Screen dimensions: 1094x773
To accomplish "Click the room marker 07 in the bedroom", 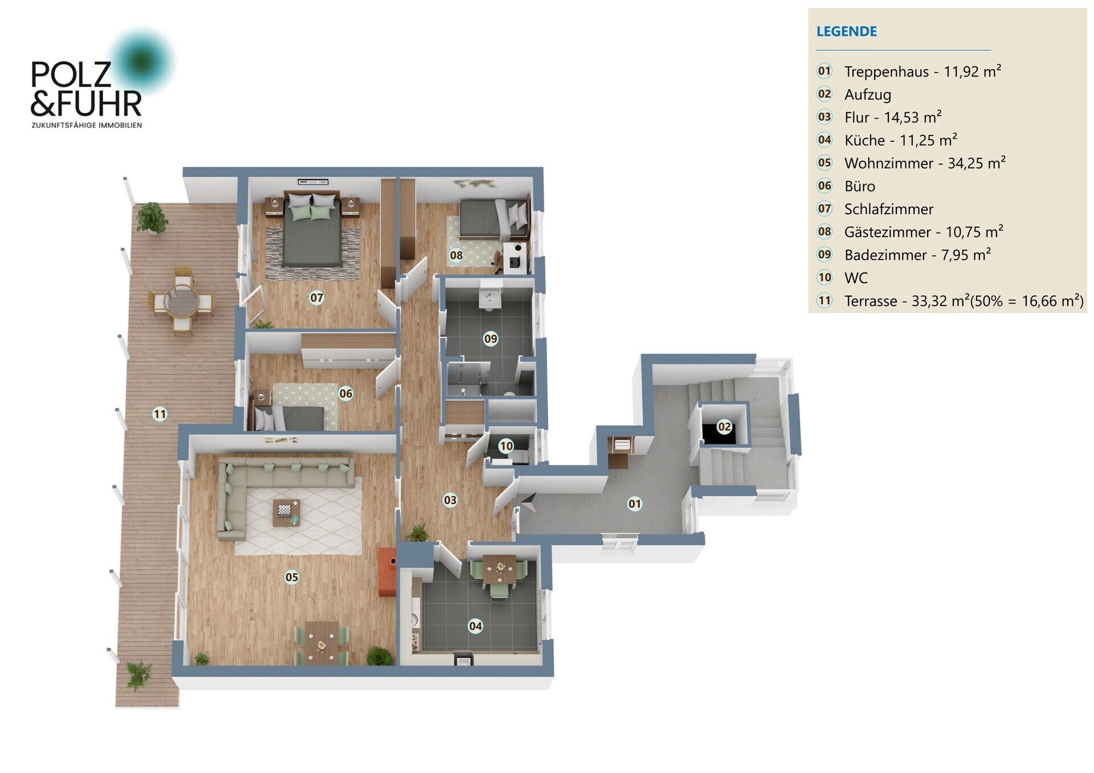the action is pyautogui.click(x=317, y=297).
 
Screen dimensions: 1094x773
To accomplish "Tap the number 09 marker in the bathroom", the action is pyautogui.click(x=491, y=339).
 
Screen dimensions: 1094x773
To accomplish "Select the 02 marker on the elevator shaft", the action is pyautogui.click(x=724, y=427).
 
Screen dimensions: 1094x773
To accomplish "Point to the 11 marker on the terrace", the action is pyautogui.click(x=160, y=414).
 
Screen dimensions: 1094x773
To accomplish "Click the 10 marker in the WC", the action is pyautogui.click(x=506, y=446).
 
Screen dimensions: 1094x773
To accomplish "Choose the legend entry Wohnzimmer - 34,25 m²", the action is pyautogui.click(x=924, y=163).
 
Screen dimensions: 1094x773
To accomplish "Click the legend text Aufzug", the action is pyautogui.click(x=867, y=95).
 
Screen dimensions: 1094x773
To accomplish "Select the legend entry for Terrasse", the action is pyautogui.click(x=964, y=301).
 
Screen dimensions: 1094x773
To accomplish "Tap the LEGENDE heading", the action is pyautogui.click(x=846, y=31).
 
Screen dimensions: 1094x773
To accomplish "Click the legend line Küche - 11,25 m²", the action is pyautogui.click(x=900, y=140).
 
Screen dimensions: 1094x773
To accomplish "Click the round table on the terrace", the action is pyautogui.click(x=182, y=301).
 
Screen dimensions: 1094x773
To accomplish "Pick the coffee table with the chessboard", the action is pyautogui.click(x=286, y=512).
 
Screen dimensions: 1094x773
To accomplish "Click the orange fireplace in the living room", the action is pyautogui.click(x=387, y=572).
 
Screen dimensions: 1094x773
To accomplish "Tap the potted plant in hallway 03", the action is pyautogui.click(x=418, y=533).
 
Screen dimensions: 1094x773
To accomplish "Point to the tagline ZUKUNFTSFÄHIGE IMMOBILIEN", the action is pyautogui.click(x=87, y=125).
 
